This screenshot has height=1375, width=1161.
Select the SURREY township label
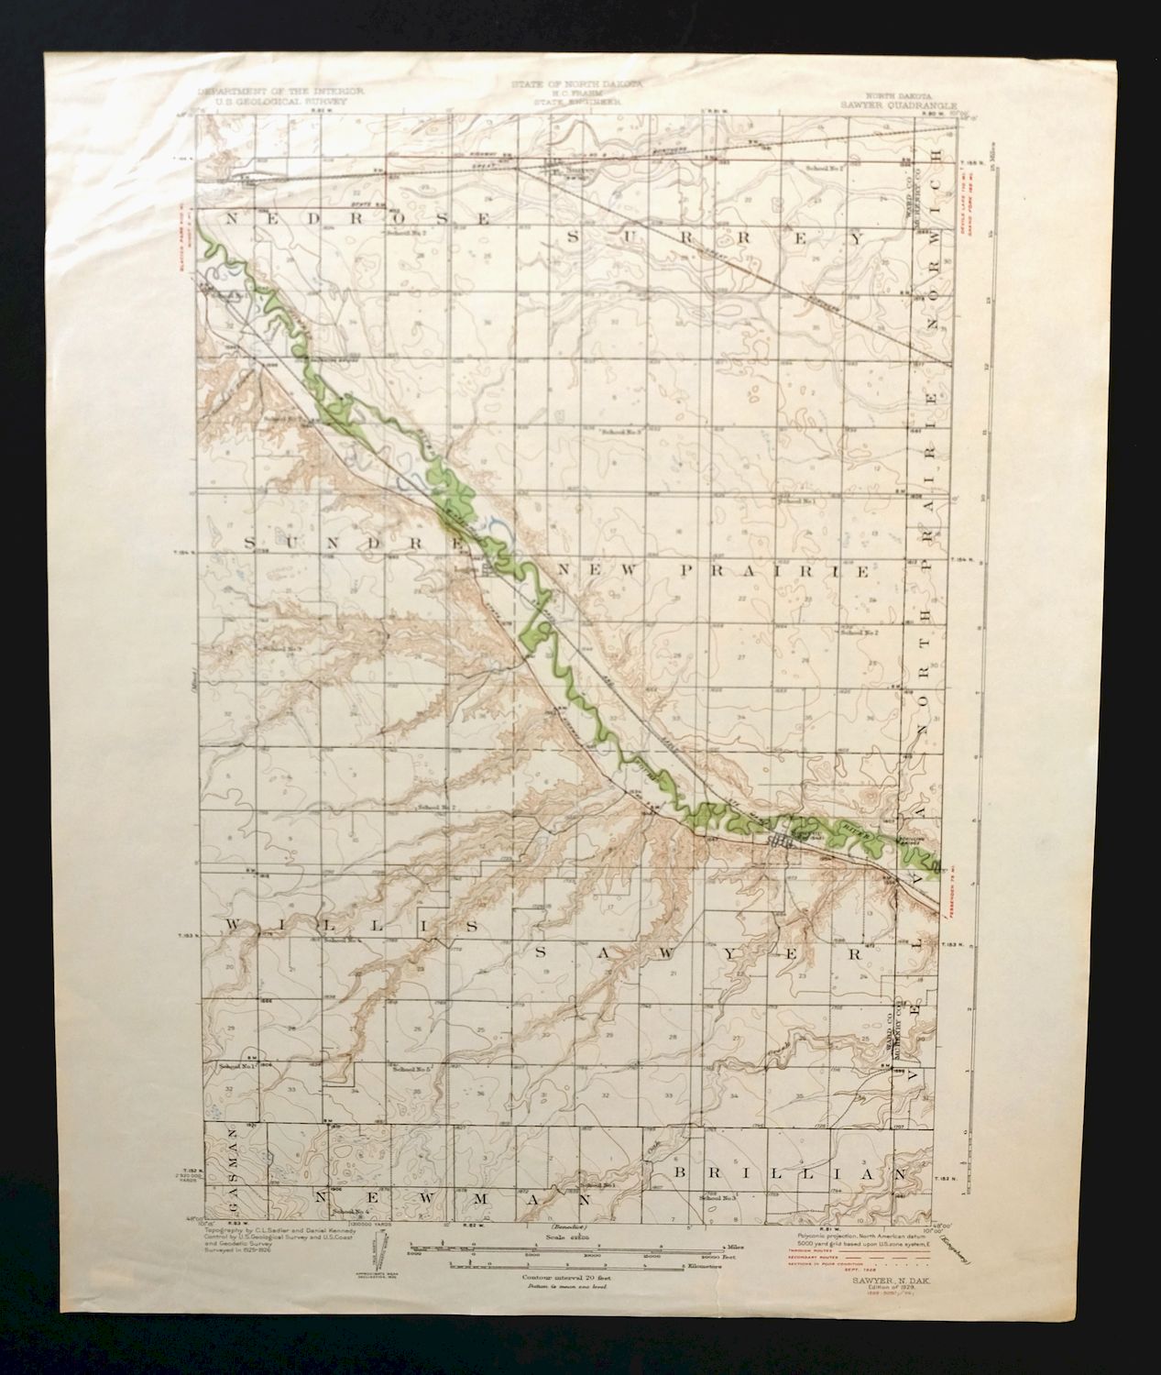tap(715, 236)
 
